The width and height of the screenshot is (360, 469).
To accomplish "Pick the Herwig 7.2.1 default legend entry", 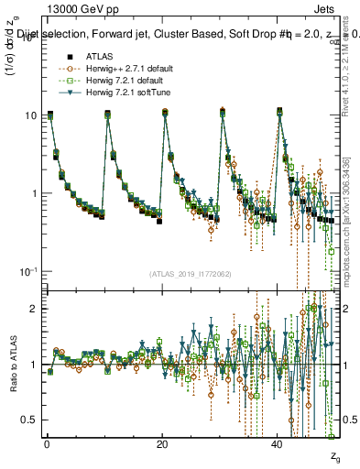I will pos(119,80).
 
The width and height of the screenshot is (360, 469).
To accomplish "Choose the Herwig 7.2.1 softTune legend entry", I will pos(120,92).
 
